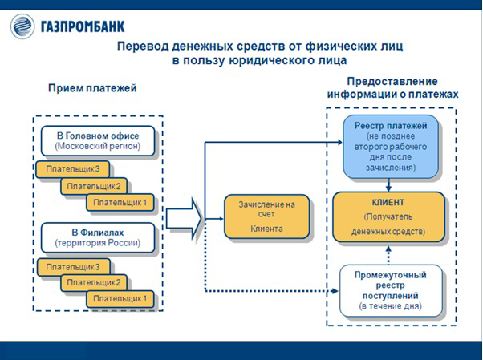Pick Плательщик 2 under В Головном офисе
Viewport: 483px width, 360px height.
pyautogui.click(x=97, y=186)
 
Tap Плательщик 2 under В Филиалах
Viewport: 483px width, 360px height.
pyautogui.click(x=97, y=282)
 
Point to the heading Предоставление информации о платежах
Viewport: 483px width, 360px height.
pyautogui.click(x=392, y=87)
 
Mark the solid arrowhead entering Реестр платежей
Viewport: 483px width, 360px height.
pyautogui.click(x=335, y=143)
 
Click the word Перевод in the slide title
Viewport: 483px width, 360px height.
pyautogui.click(x=141, y=46)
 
